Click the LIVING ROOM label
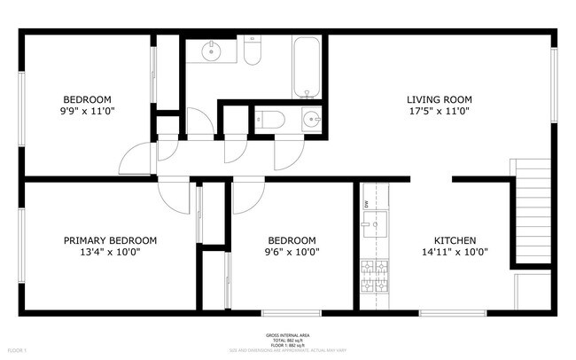(439, 99)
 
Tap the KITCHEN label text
(455, 240)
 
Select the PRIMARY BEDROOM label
(110, 240)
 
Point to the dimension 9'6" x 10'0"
(292, 252)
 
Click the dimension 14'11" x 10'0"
(455, 252)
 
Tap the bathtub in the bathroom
(307, 67)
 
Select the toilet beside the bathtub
(252, 53)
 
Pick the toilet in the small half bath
(268, 118)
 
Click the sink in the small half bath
(310, 118)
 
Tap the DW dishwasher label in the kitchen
(366, 204)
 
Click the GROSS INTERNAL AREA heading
(287, 335)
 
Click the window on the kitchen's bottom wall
(452, 312)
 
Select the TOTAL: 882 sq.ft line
(287, 340)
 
